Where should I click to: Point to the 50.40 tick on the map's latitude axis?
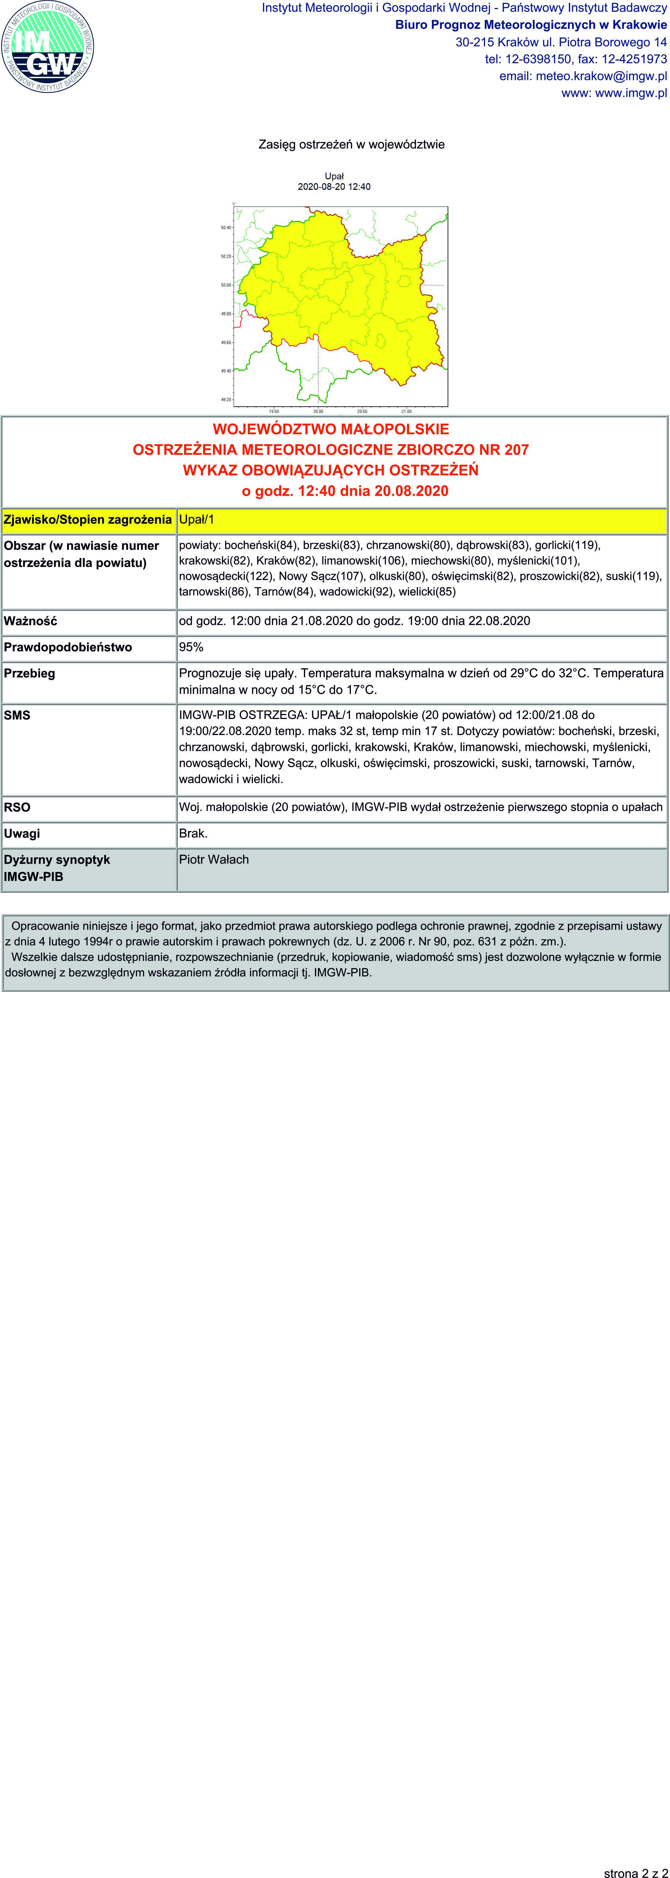click(x=226, y=227)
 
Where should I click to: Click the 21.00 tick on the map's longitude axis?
click(x=406, y=411)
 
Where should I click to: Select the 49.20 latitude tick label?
click(x=226, y=400)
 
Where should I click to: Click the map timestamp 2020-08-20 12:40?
click(x=334, y=187)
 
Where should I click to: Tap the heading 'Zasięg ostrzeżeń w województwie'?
click(x=351, y=144)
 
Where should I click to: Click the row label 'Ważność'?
click(x=31, y=621)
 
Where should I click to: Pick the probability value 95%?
click(x=191, y=647)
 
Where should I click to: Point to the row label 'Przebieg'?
click(x=29, y=673)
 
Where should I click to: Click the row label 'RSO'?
click(x=18, y=807)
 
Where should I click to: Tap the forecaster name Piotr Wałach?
click(x=214, y=859)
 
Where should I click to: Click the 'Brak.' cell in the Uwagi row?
click(x=193, y=833)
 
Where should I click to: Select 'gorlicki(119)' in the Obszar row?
click(x=567, y=545)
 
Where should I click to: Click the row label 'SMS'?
click(x=18, y=715)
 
